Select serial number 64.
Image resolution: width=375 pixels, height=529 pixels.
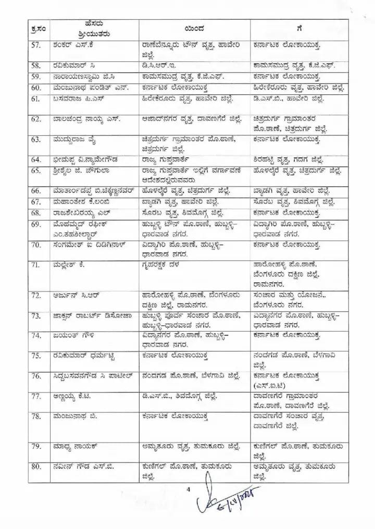(35, 159)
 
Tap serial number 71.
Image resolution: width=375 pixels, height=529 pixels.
(35, 264)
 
